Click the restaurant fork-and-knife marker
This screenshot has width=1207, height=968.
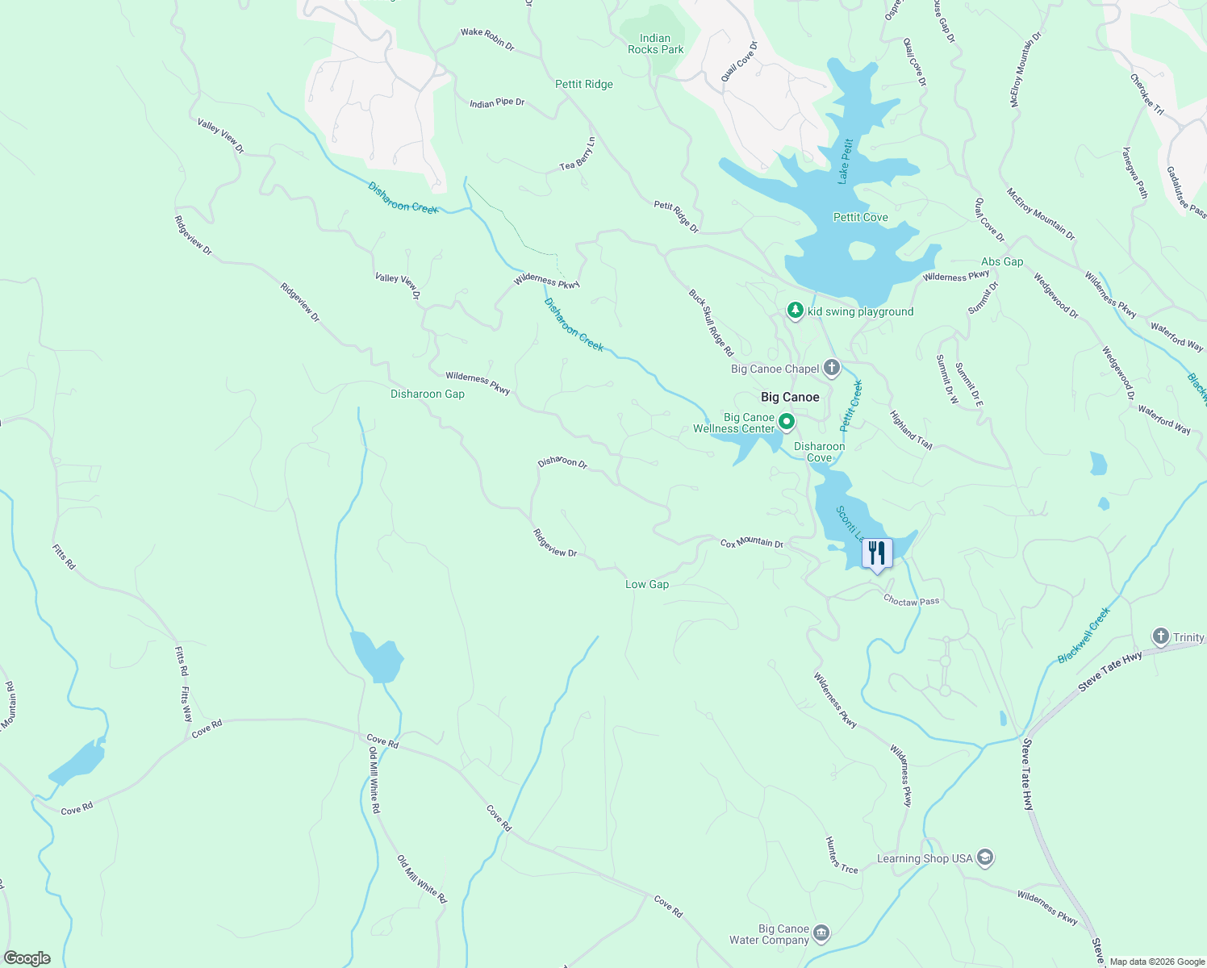[876, 553]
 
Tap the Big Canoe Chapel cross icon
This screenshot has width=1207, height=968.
[832, 369]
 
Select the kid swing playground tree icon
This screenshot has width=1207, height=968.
[796, 311]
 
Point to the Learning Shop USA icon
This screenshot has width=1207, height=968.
[985, 857]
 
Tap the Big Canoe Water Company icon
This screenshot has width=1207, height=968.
[821, 933]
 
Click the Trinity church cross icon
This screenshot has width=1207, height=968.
[1160, 636]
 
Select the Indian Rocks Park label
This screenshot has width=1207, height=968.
[655, 44]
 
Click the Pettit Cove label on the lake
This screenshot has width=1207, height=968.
[860, 217]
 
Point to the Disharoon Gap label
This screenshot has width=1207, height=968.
[427, 394]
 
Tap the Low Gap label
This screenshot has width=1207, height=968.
[646, 584]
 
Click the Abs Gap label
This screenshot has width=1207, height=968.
[1001, 261]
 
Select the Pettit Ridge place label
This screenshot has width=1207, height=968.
[583, 84]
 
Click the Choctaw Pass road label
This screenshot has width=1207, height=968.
[911, 601]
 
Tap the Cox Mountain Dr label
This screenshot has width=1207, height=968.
[751, 543]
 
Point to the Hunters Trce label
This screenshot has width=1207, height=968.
[841, 855]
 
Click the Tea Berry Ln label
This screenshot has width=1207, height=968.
[578, 153]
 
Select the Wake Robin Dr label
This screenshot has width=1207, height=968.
[487, 39]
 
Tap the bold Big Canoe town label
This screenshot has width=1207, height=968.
[790, 397]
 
